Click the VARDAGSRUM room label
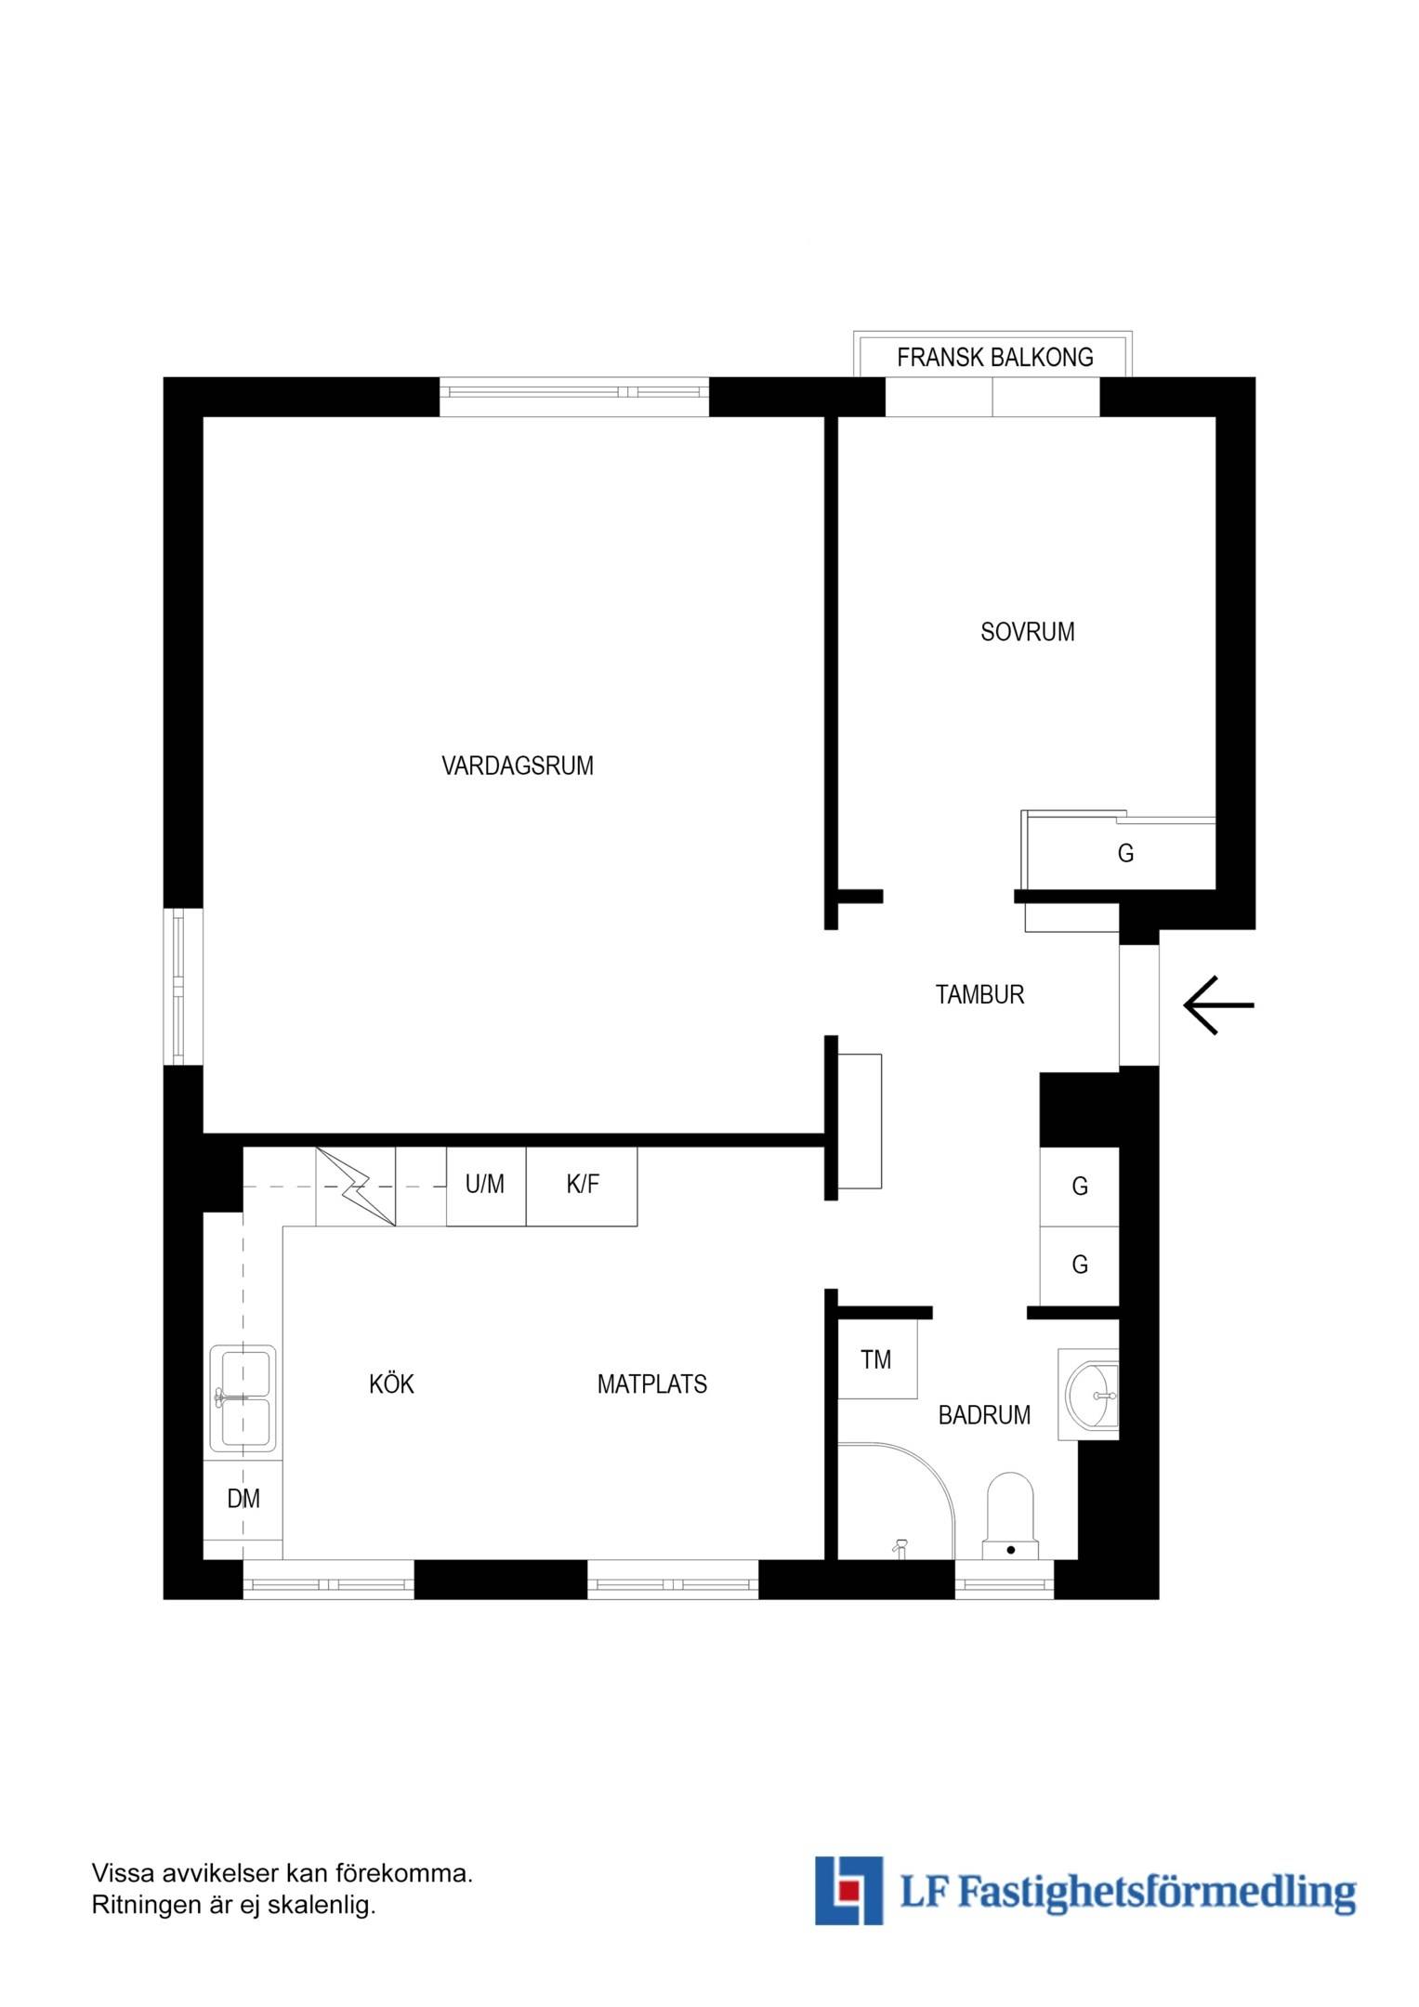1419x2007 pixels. (x=518, y=766)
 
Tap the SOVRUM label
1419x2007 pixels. (x=1028, y=632)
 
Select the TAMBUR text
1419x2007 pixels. (x=979, y=994)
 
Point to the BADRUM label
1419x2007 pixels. (x=984, y=1415)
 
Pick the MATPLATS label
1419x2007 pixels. (x=651, y=1384)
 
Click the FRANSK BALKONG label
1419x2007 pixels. (x=994, y=358)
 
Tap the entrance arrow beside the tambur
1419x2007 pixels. (x=1218, y=1005)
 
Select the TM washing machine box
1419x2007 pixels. (x=877, y=1359)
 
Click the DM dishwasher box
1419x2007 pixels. (x=243, y=1499)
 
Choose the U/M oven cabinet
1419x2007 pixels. (x=486, y=1187)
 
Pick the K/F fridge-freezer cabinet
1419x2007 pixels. (x=582, y=1187)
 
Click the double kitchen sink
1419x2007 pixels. (x=243, y=1397)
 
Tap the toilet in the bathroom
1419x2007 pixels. (x=1009, y=1515)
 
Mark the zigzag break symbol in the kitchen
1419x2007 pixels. (x=356, y=1187)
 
